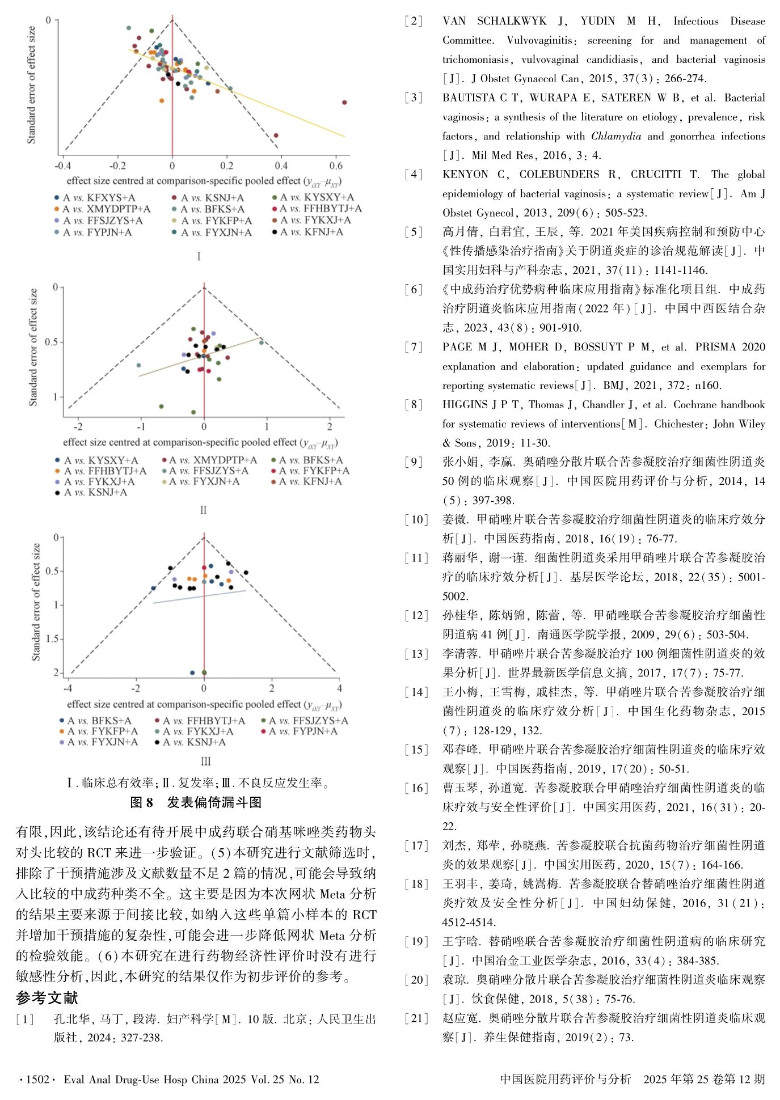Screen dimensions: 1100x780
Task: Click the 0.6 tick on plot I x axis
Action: (336, 166)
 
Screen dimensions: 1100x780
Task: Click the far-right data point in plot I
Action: (344, 103)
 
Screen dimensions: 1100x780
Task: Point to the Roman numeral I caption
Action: (199, 256)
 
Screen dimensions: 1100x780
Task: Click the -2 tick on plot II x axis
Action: (79, 426)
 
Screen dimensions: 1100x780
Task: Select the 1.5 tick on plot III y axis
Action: (52, 639)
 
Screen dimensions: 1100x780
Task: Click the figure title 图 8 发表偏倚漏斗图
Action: (196, 802)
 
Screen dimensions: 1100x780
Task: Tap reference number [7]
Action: (414, 347)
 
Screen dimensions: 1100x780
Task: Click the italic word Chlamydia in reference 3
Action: (616, 136)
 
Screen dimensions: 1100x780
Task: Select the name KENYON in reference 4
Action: (465, 174)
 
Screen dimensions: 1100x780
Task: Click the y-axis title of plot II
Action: (33, 347)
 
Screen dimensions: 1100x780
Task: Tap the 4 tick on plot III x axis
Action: (339, 688)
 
